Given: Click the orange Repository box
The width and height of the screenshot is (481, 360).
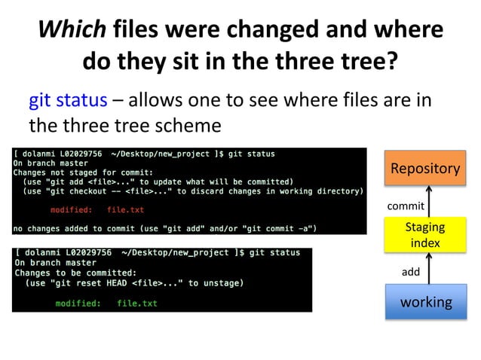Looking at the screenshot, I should pos(425,169).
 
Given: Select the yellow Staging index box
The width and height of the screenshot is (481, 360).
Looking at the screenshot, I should pos(425,235).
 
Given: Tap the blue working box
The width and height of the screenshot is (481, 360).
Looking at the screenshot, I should pos(425,302).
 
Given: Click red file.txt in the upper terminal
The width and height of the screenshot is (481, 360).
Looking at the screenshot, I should pos(125,209).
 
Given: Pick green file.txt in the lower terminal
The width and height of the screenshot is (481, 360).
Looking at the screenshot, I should pos(137,304).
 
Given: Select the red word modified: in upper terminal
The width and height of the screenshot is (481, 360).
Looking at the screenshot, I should pos(72,209).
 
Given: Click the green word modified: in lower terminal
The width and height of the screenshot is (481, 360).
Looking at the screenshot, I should pos(78,304).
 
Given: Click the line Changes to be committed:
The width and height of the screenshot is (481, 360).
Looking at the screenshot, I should pos(75,273).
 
